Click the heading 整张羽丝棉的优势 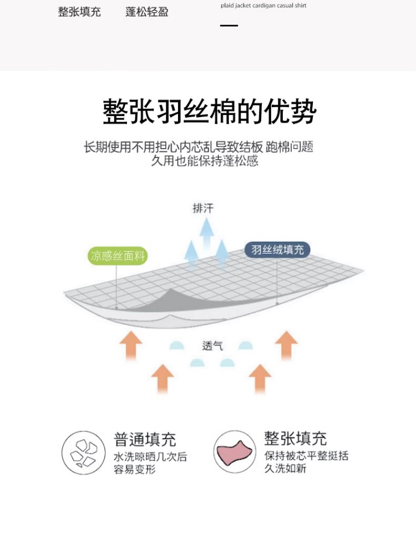click(x=209, y=112)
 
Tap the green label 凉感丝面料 click(x=117, y=256)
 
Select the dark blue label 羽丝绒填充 click(x=277, y=250)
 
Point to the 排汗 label click(x=202, y=209)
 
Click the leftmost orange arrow click(x=131, y=344)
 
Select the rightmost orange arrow click(x=286, y=344)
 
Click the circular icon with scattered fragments click(x=83, y=452)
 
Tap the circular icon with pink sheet click(x=235, y=452)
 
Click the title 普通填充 click(x=145, y=440)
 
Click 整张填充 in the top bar click(x=79, y=12)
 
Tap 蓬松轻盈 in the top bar click(x=146, y=12)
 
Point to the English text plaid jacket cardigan click(x=263, y=6)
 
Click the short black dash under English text click(x=229, y=26)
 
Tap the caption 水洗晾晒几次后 click(x=150, y=457)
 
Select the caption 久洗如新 click(x=285, y=469)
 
